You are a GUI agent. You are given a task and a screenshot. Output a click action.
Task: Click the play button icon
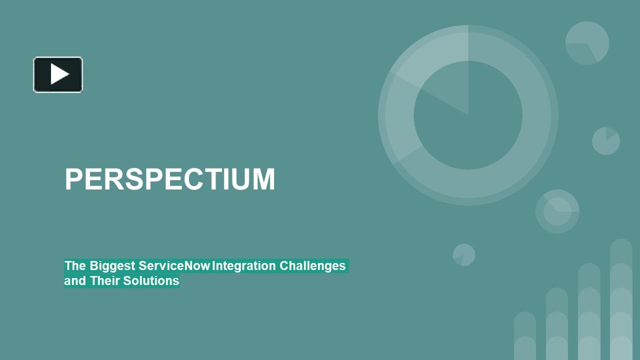pos(58,74)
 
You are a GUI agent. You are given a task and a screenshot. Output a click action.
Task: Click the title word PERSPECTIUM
pos(170,179)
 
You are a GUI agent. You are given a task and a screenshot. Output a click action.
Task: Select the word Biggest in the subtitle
pos(112,265)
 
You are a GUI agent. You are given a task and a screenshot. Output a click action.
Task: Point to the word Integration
pos(243,265)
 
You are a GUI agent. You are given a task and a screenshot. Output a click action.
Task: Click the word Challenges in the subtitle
pos(312,265)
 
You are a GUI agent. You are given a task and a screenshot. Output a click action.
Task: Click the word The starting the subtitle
pos(75,265)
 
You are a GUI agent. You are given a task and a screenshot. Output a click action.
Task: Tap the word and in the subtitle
pos(75,281)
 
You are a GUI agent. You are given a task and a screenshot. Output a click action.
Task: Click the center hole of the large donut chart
pos(468,116)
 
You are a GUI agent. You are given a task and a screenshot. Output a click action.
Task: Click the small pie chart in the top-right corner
pos(587,43)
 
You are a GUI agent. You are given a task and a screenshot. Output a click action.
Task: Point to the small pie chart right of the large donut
pos(606,141)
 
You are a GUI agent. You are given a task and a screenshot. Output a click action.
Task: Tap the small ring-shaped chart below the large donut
pos(557,211)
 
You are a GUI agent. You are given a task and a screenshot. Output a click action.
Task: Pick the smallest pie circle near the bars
pos(464,255)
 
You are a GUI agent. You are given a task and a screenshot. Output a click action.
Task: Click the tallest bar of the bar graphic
pos(621,300)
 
